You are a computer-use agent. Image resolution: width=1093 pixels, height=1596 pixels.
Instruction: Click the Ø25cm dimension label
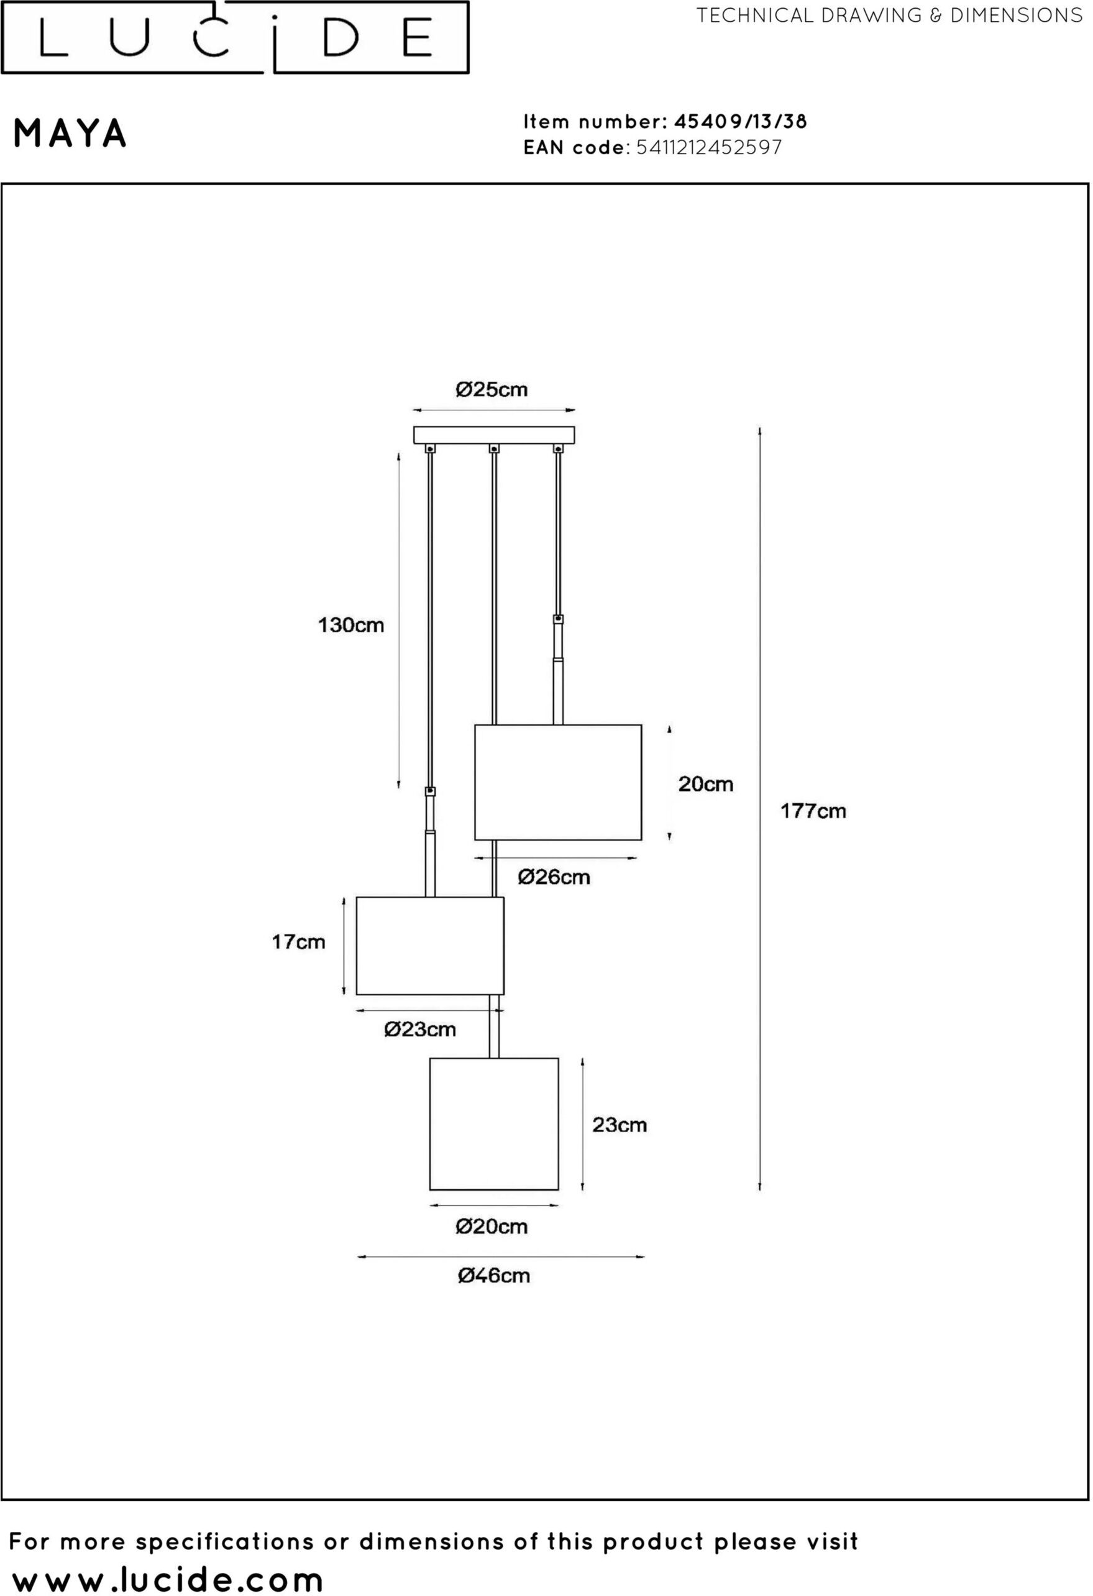pos(492,390)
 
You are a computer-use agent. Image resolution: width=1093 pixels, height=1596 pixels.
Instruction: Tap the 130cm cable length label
pos(351,625)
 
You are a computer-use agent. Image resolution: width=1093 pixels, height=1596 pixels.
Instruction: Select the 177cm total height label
pos(813,811)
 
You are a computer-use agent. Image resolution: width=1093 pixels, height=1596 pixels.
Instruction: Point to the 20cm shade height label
pos(706,783)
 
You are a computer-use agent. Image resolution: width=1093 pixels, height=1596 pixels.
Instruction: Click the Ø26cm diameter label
pos(554,877)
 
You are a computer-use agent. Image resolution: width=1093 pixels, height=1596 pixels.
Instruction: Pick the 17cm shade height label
pos(298,941)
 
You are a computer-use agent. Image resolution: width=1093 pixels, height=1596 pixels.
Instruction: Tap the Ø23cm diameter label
pos(420,1030)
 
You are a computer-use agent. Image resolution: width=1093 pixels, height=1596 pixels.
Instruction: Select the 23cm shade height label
pos(620,1125)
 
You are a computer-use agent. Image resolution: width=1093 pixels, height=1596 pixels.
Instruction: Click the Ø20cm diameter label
pos(492,1227)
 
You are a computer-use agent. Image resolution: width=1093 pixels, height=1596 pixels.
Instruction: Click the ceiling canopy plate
pos(493,435)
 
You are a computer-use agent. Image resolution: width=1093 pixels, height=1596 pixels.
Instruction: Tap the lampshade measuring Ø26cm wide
pos(558,782)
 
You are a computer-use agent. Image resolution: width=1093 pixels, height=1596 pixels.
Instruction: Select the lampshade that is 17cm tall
pos(430,946)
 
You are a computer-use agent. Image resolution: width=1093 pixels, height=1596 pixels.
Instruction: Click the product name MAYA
pos(70,133)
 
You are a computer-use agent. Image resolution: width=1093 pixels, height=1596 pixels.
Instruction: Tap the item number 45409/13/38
pos(741,122)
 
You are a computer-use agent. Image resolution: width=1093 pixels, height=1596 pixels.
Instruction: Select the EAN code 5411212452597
pos(709,147)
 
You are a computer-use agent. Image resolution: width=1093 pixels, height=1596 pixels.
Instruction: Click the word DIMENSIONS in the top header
pos(1017,15)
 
